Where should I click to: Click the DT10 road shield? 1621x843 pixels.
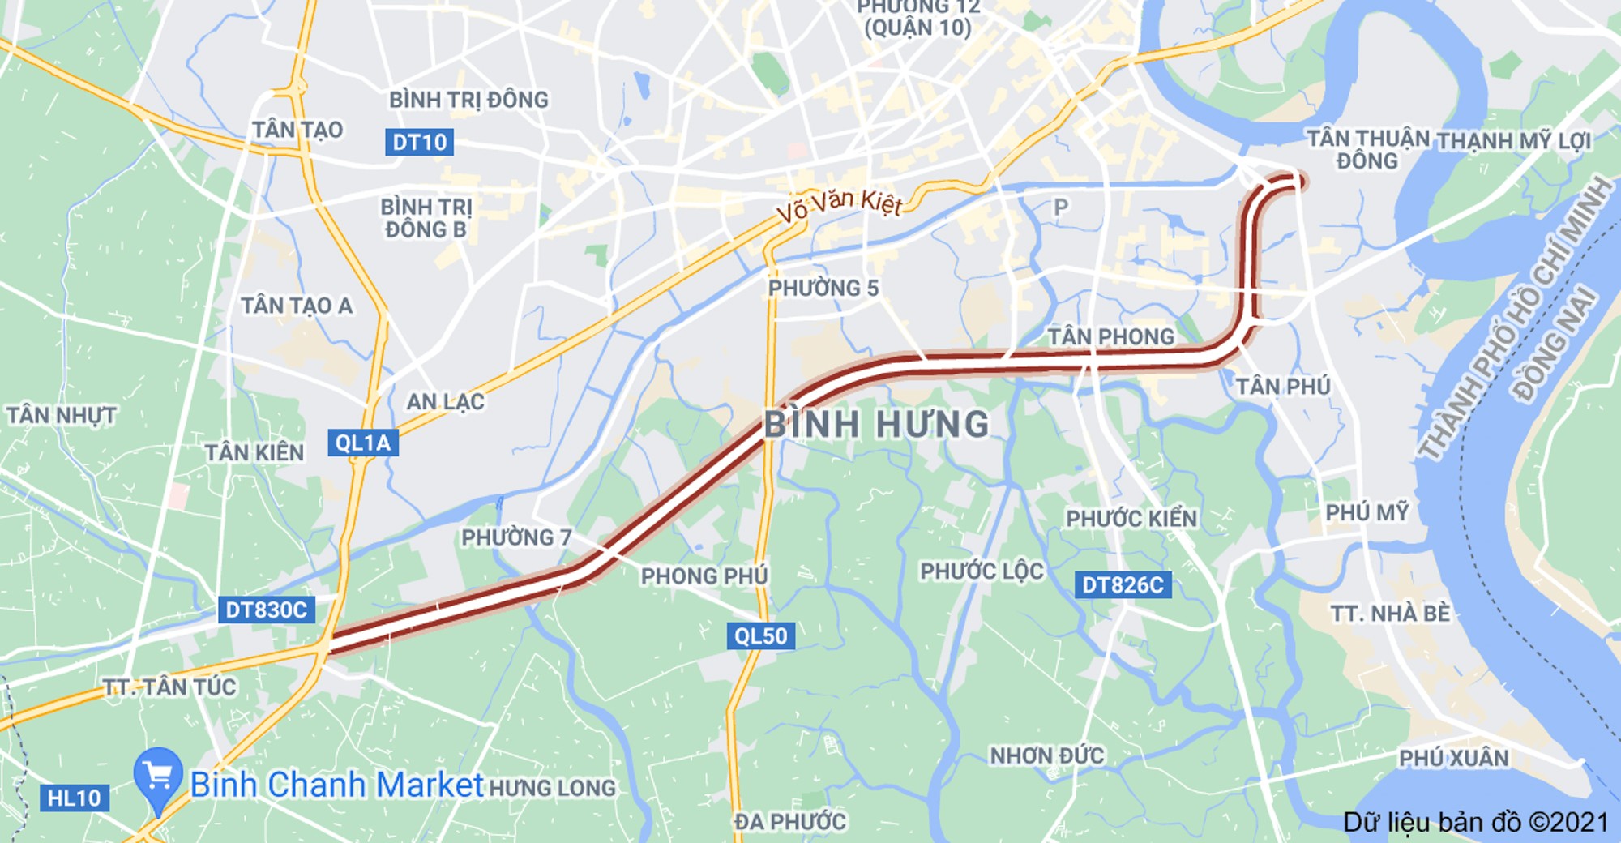418,142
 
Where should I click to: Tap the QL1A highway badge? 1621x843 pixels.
362,443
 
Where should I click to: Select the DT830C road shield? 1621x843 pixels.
266,610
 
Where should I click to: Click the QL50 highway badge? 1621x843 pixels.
760,635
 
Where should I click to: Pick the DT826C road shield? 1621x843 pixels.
1123,584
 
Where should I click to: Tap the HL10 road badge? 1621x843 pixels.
74,798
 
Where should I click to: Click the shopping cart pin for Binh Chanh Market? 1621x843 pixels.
158,777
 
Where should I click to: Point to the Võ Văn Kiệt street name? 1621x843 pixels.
839,204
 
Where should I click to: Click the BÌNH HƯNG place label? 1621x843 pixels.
877,424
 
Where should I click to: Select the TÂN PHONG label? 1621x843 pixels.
1110,336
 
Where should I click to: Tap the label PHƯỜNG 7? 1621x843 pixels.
516,537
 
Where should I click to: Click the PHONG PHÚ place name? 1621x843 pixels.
704,576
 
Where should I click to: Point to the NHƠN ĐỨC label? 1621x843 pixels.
1046,755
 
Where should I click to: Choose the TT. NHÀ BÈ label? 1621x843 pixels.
1389,613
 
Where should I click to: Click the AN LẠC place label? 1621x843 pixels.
445,401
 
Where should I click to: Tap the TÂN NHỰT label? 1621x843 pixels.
61,415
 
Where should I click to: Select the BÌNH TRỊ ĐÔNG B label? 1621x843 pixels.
426,218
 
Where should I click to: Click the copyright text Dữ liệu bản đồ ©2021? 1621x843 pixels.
1475,822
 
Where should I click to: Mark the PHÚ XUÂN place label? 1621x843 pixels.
1453,758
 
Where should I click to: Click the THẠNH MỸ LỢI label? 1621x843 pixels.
1514,141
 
